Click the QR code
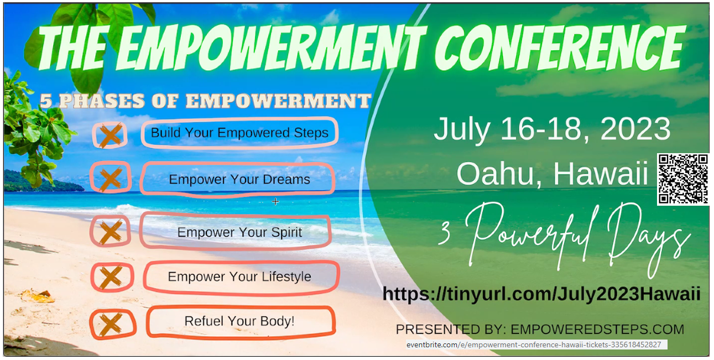(683, 179)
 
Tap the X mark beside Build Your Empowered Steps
(110, 135)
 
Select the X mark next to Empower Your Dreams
(111, 178)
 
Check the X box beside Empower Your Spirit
(110, 231)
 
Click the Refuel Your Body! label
(239, 321)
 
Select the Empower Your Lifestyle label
(239, 276)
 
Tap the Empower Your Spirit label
(239, 232)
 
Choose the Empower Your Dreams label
(239, 179)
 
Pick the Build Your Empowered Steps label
(239, 133)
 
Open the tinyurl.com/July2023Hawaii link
(541, 294)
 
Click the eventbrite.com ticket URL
(534, 345)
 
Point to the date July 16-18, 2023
(552, 129)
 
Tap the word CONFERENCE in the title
(560, 47)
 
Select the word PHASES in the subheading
(102, 101)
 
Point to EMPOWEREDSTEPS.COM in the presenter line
(597, 330)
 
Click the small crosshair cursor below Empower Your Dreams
(275, 201)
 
